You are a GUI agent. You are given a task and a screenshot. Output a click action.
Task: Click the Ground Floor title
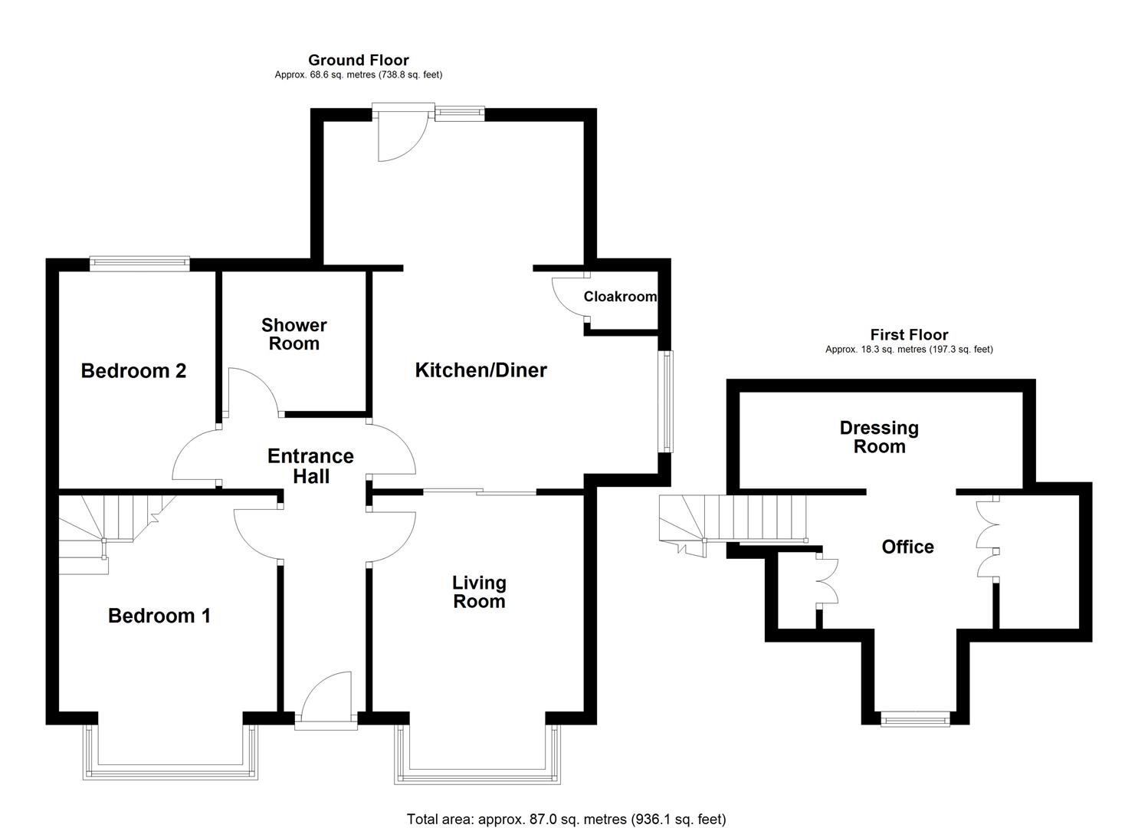click(358, 60)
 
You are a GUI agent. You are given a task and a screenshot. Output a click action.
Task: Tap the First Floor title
click(909, 335)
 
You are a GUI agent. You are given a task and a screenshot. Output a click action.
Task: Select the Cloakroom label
click(620, 297)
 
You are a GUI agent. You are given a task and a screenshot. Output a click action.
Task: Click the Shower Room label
click(294, 334)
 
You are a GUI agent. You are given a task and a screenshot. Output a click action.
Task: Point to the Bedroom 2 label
click(133, 371)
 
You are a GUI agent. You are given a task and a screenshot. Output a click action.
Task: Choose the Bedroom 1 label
click(159, 616)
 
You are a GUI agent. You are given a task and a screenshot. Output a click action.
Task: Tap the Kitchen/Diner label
click(480, 370)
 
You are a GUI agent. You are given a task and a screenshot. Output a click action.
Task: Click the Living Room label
click(479, 592)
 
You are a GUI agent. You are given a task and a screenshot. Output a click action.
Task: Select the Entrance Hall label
click(310, 466)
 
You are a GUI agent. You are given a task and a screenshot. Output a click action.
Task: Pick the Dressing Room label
click(879, 437)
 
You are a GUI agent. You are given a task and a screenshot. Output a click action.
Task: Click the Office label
click(907, 547)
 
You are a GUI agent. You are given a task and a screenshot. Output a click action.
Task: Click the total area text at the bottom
click(566, 820)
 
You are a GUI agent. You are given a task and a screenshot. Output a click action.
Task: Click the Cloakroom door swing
click(569, 296)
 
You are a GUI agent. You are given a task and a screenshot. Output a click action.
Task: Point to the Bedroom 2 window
click(139, 264)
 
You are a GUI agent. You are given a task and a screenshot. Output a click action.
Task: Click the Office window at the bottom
click(915, 718)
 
